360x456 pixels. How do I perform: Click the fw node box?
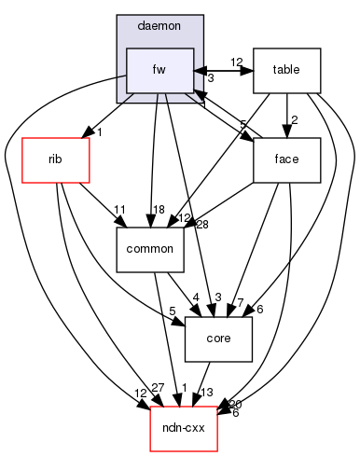[x=159, y=70]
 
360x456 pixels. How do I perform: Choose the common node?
[x=148, y=249]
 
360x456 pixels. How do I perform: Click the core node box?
[x=219, y=339]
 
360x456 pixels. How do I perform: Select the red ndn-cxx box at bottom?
[x=185, y=429]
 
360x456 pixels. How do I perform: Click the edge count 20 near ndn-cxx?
[x=234, y=404]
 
